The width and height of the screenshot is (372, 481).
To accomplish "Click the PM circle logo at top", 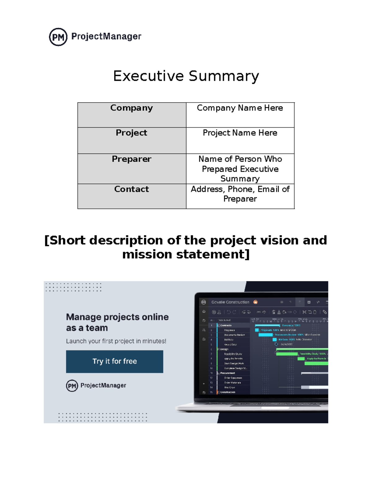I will coord(58,37).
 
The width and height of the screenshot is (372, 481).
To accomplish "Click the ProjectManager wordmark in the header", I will coord(106,37).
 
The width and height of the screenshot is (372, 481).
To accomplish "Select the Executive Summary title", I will coord(186,76).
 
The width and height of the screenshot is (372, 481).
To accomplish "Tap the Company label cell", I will coord(131,115).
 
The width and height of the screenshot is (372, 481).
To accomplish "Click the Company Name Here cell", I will coord(240,115).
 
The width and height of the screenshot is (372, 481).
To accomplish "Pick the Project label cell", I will coord(131,140).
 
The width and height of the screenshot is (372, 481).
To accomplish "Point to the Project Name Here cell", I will coord(240,140).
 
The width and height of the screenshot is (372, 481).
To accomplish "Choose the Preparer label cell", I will coord(131,168).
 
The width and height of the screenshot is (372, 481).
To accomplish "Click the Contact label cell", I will coord(131,196).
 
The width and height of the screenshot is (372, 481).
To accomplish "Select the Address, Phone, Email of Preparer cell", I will coord(240,194).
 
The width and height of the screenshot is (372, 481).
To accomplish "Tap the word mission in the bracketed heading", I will coord(147,255).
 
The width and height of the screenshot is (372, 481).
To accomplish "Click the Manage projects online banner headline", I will coord(117,322).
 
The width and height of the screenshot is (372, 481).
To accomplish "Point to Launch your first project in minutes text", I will coord(116,341).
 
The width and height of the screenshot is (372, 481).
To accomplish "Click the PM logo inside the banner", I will coord(72,386).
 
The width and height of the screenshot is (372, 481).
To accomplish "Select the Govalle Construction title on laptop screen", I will coord(230,302).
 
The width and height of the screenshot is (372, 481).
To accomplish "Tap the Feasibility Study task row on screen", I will coord(233,354).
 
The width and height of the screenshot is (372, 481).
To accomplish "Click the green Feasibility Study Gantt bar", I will coord(286,354).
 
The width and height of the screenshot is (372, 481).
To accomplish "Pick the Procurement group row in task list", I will coord(228,373).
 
